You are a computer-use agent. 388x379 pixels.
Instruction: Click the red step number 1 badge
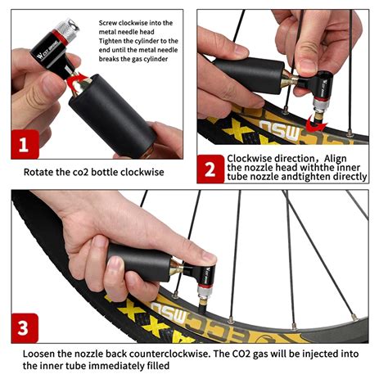pos(25,144)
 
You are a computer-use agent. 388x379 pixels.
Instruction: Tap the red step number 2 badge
pos(210,169)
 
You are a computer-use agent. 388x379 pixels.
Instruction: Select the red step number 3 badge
pos(25,328)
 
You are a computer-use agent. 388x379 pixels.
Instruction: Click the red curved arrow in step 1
pos(77,82)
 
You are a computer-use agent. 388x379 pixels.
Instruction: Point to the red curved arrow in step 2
pos(314,124)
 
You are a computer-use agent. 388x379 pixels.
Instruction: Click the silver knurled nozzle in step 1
pos(67,29)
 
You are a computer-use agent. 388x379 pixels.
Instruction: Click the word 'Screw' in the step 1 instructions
pos(107,23)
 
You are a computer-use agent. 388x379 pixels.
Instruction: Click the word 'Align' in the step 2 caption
pos(336,159)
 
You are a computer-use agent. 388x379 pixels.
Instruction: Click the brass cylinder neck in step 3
pos(177,268)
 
